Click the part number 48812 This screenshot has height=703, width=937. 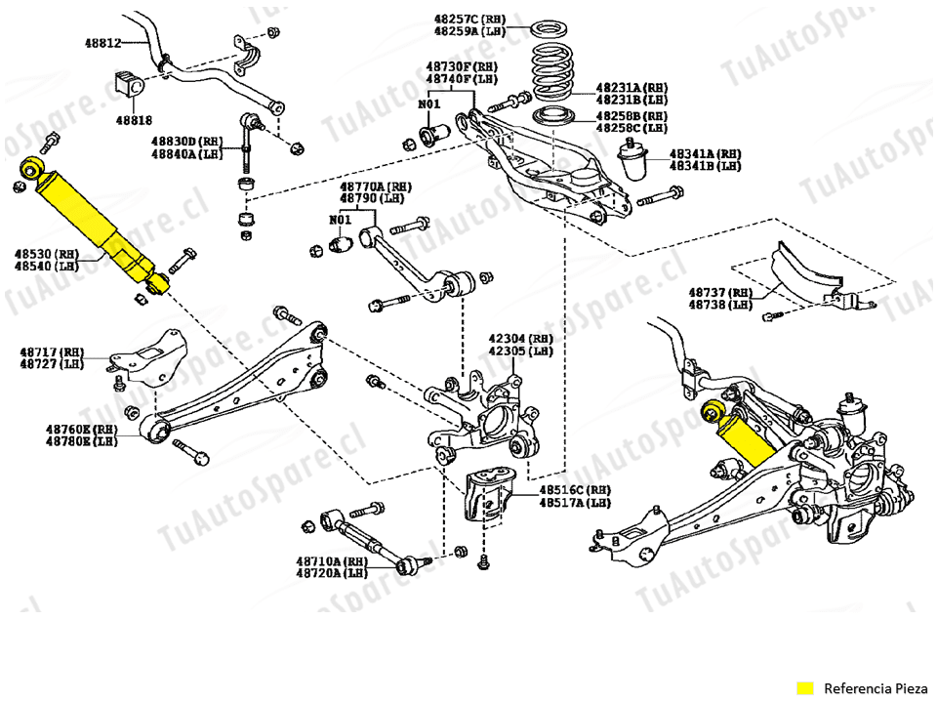[x=102, y=43]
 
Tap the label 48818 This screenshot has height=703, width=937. [x=135, y=120]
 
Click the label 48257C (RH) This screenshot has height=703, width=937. [x=470, y=19]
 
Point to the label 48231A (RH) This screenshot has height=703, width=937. [x=632, y=87]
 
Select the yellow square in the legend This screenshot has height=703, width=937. [x=805, y=687]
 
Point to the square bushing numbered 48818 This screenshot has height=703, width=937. [x=129, y=83]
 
